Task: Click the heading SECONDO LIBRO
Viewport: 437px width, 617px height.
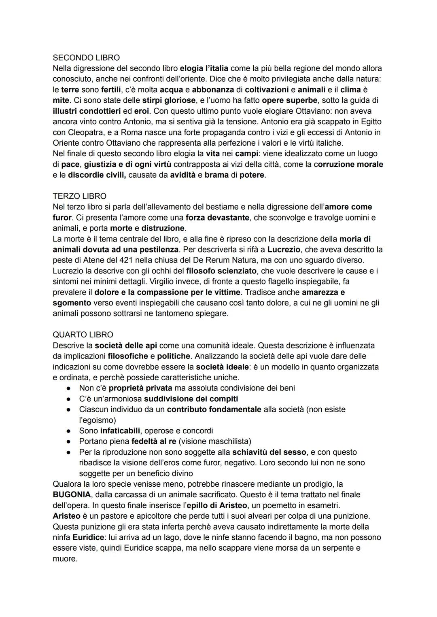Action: (x=86, y=57)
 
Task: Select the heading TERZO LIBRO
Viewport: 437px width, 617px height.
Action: (x=79, y=196)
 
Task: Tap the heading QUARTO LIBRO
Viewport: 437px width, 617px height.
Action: (x=83, y=335)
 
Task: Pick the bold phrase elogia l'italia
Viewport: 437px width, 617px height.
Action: (x=204, y=68)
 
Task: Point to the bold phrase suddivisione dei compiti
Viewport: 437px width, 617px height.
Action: (x=191, y=399)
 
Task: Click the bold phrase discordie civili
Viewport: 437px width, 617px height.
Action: (x=97, y=175)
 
